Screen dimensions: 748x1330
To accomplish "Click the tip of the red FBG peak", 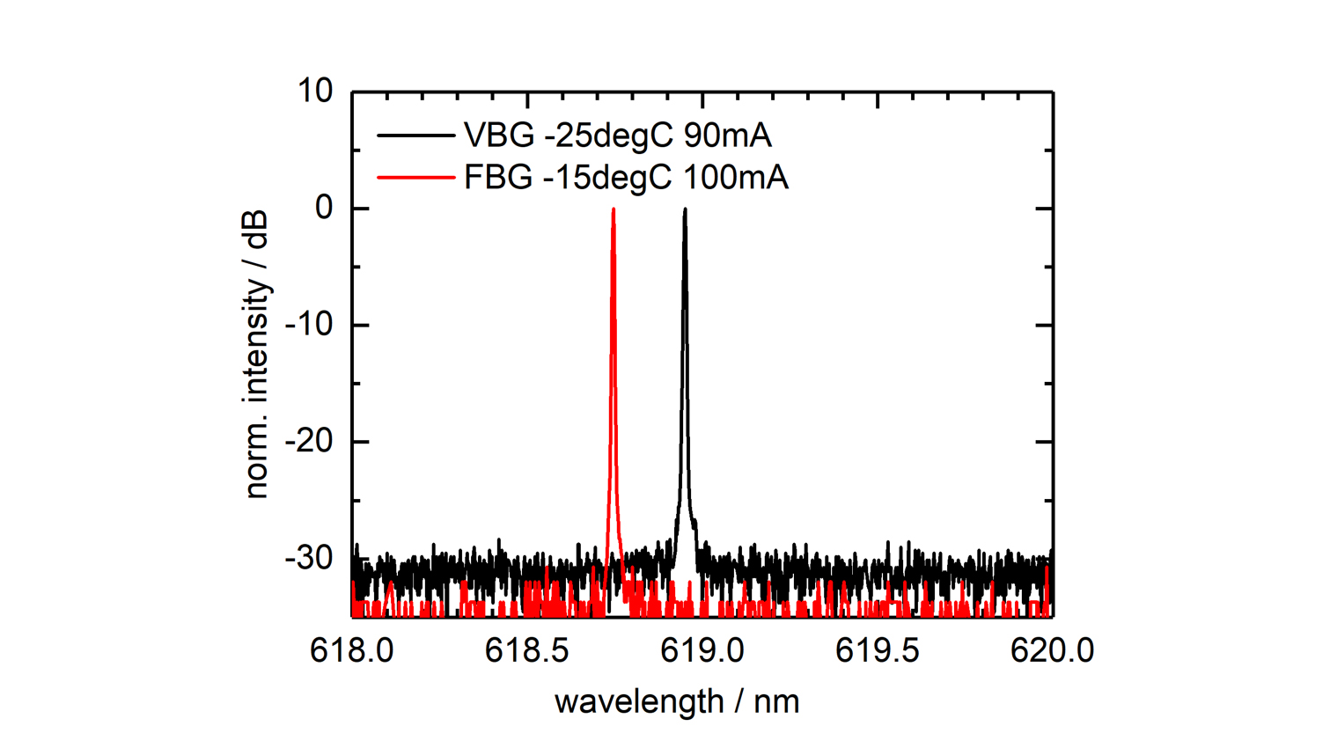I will (x=614, y=209).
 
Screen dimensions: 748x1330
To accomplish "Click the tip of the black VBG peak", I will (x=685, y=209).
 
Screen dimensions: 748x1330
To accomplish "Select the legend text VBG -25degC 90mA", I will (x=617, y=136).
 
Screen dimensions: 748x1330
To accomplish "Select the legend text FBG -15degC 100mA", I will (x=626, y=178).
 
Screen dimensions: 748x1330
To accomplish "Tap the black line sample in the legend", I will (x=415, y=136).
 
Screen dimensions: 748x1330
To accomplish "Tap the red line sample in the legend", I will (x=415, y=178).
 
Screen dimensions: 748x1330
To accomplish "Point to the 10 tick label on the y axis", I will (x=315, y=91).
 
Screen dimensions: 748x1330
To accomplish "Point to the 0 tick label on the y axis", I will (x=325, y=208).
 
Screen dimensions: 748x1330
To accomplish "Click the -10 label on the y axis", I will (x=309, y=325).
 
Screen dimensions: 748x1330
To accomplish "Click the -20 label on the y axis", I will (x=309, y=441).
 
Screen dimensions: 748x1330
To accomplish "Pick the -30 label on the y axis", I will (x=309, y=557).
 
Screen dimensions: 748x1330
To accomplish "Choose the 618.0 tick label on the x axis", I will (x=352, y=650).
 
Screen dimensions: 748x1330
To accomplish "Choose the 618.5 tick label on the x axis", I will (x=527, y=650).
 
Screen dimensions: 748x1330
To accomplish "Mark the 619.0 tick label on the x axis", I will (x=702, y=650).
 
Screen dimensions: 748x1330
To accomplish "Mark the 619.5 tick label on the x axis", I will (x=878, y=650).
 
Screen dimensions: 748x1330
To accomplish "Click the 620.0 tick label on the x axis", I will (x=1052, y=650).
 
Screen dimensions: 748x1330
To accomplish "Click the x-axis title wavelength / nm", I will (x=677, y=702).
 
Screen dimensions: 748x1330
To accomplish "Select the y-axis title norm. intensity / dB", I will (x=256, y=355).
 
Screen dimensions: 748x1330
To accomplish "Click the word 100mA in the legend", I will (x=736, y=178).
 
